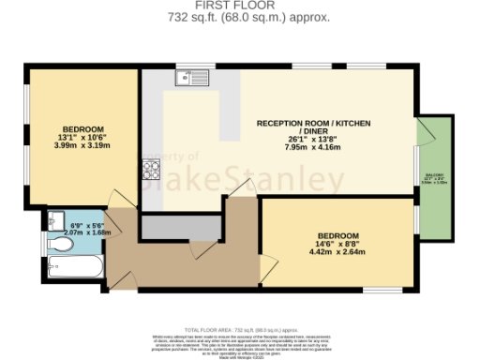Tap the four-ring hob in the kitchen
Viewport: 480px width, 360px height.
click(152, 170)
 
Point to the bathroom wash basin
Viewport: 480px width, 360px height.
click(52, 222)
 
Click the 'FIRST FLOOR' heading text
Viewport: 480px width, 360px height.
click(241, 6)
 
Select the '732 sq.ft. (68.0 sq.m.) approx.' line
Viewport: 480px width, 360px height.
click(241, 18)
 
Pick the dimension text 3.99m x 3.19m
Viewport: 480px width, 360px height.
click(83, 146)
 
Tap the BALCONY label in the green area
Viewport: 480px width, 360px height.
click(433, 176)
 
